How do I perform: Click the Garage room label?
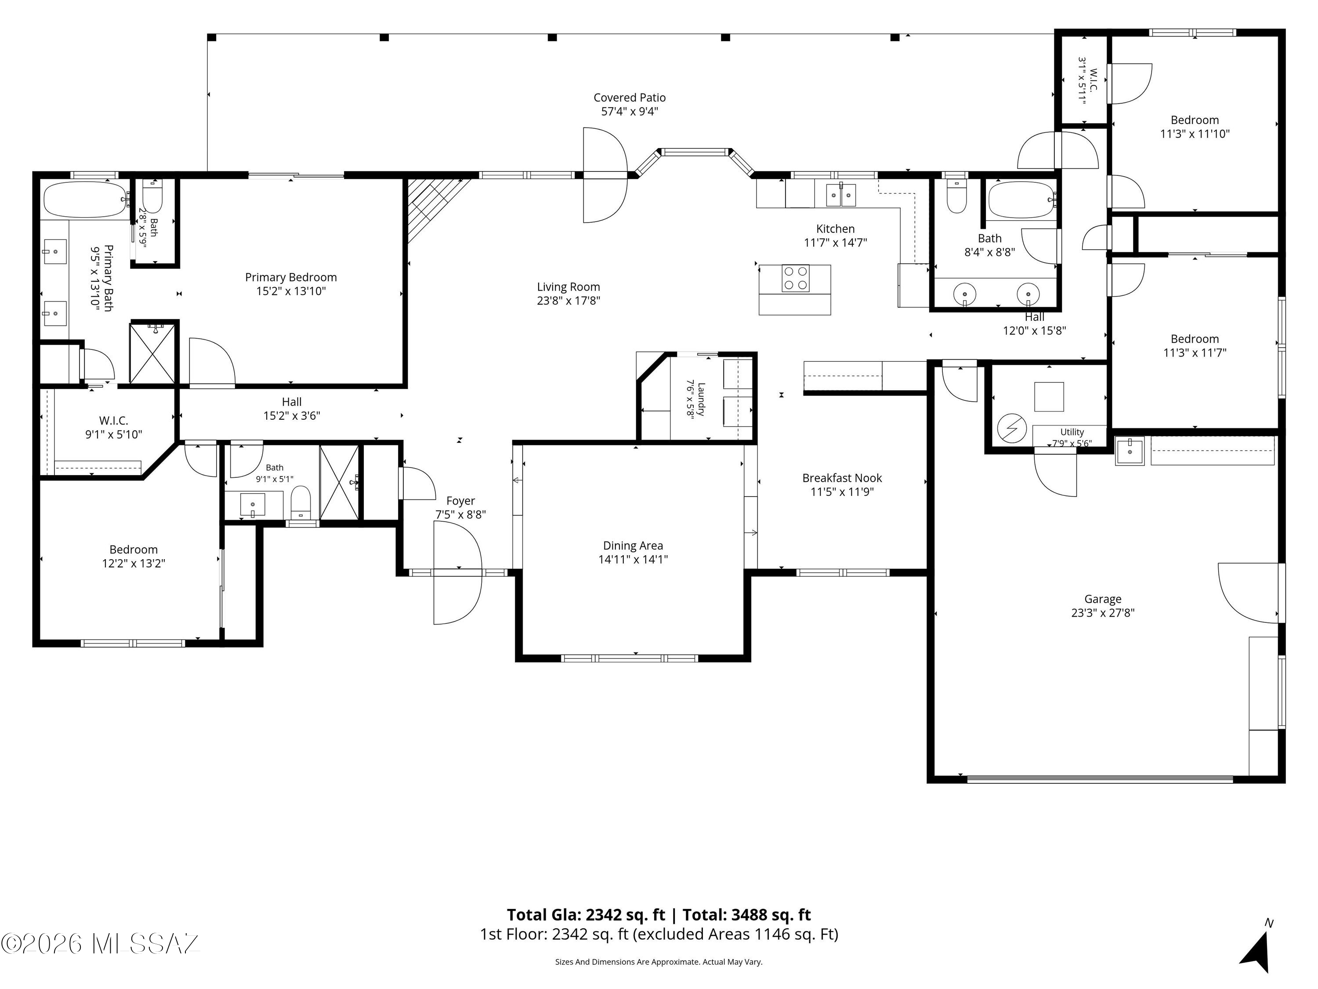pos(1102,599)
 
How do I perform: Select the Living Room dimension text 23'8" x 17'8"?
pos(568,301)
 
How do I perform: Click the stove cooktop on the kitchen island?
pos(796,278)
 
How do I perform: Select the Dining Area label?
pos(633,545)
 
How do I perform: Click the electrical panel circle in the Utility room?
pos(1012,429)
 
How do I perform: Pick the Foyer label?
pos(460,501)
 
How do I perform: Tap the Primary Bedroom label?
pos(291,277)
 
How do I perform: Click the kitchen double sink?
pos(841,194)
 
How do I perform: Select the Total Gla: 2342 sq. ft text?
pos(586,914)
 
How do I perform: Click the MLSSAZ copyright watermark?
pos(100,944)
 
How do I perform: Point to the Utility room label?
pos(1072,432)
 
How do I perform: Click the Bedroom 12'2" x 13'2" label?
pos(134,549)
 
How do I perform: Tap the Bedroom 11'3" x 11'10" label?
pos(1195,120)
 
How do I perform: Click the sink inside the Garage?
pos(1130,451)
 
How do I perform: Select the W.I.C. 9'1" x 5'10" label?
pos(114,421)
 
